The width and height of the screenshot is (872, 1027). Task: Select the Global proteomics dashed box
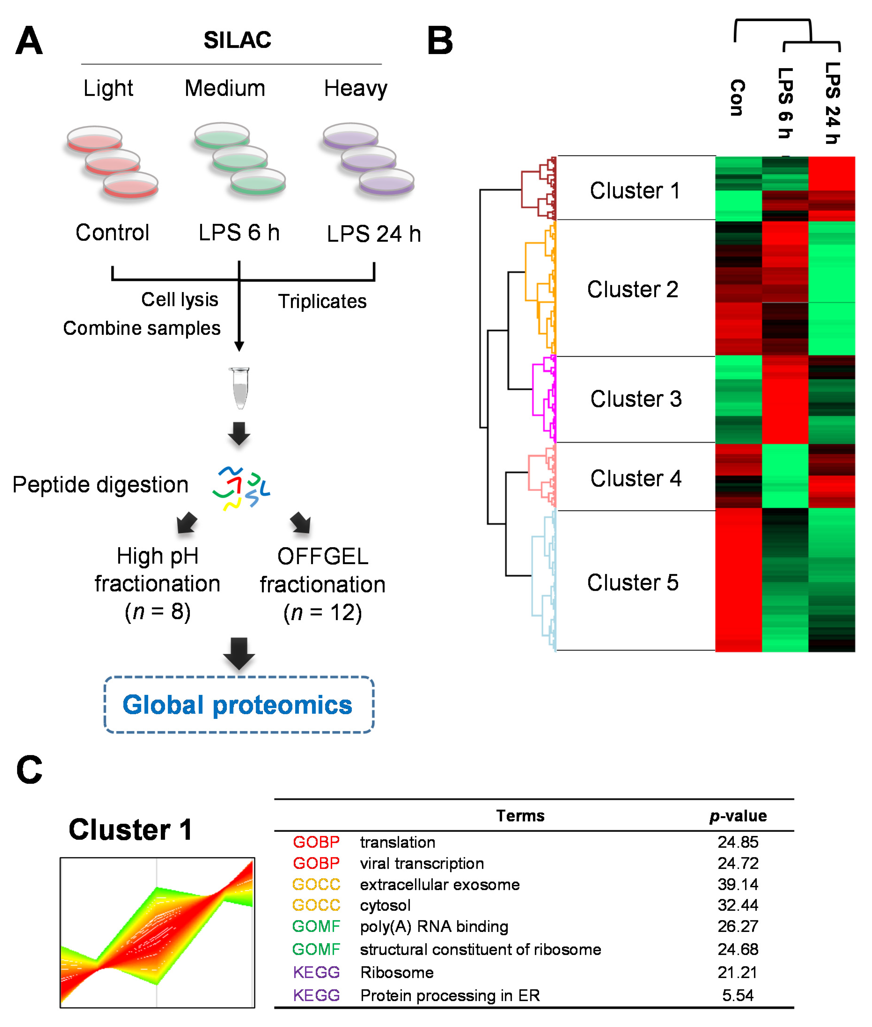click(239, 705)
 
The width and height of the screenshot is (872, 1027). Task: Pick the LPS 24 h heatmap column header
click(832, 103)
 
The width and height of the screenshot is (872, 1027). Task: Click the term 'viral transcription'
click(422, 863)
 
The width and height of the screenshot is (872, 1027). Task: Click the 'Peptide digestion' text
click(100, 484)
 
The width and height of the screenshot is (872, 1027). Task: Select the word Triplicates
click(322, 301)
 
